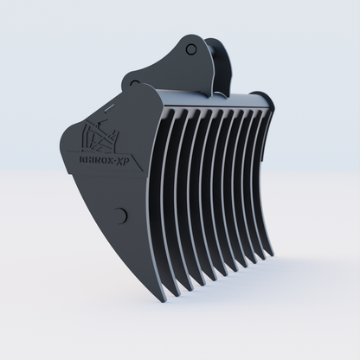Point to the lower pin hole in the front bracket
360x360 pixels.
coord(134,83)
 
